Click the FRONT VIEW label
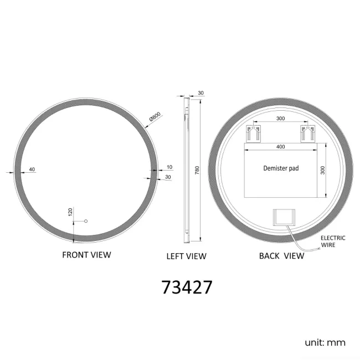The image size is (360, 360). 86,255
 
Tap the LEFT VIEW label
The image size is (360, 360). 186,256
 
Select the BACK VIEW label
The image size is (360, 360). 281,255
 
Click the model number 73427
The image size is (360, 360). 187,287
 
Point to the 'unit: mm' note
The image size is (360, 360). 325,342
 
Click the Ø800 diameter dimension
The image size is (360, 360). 155,117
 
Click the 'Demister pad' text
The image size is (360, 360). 281,168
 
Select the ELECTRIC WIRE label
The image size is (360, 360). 333,241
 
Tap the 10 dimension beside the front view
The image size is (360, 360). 169,167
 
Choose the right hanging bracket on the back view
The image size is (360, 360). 307,133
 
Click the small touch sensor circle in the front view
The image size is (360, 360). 86,222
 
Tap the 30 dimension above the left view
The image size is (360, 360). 200,93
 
